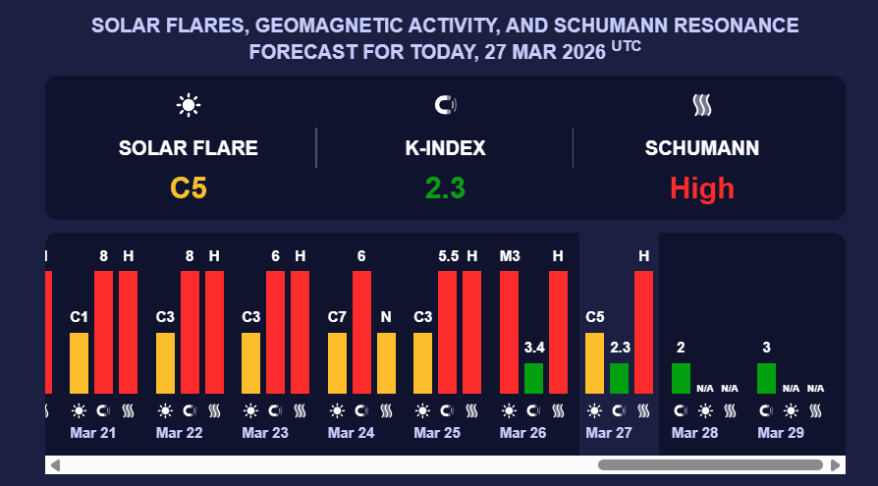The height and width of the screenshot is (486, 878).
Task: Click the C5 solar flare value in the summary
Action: tap(189, 188)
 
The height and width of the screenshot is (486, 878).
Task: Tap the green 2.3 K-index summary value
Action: tap(445, 188)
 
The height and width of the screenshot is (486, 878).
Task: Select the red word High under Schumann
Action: tap(701, 188)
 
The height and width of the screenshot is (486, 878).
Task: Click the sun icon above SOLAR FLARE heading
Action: tap(189, 104)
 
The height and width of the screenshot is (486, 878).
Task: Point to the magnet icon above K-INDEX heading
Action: tap(445, 104)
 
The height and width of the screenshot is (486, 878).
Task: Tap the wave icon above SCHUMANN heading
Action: tap(701, 104)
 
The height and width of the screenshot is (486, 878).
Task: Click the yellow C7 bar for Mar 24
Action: tap(337, 362)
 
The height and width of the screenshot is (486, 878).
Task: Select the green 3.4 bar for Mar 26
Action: tap(533, 378)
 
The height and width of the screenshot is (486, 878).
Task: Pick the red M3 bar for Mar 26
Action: tap(509, 332)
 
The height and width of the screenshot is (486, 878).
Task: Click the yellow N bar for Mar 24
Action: tap(386, 362)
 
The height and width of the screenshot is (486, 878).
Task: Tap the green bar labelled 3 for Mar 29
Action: tap(766, 378)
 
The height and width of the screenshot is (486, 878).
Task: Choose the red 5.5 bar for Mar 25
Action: tap(448, 332)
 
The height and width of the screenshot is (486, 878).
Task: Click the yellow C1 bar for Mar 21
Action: tap(80, 362)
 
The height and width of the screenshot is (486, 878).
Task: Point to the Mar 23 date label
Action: tap(265, 433)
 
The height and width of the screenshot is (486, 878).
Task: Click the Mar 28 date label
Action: tap(695, 433)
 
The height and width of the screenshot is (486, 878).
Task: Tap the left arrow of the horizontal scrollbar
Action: tap(55, 464)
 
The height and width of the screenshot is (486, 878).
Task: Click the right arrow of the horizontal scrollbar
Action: tap(836, 464)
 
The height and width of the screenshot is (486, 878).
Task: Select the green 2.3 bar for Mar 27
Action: tap(619, 378)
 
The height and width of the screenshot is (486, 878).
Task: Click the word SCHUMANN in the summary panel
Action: tap(701, 149)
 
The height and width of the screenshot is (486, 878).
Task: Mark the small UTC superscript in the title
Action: tap(627, 45)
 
